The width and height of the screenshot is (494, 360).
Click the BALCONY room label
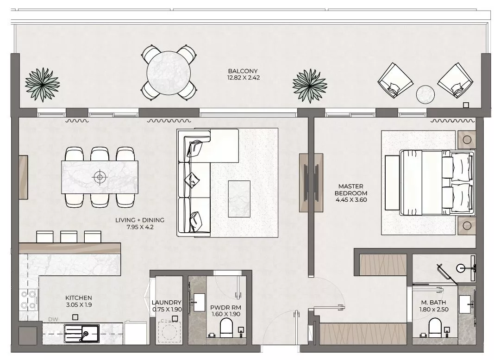point(243,71)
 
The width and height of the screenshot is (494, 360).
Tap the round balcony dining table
point(169,73)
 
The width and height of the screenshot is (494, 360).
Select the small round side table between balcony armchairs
point(425,94)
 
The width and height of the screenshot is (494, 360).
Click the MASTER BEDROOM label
point(350,190)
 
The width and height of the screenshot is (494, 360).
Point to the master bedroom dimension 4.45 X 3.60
point(351,200)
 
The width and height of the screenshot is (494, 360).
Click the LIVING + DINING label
point(139,220)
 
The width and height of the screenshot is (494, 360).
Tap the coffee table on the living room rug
point(239,199)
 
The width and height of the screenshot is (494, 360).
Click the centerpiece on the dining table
point(100,177)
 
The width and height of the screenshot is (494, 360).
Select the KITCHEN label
point(78,298)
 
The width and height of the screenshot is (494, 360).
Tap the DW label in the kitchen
point(53,319)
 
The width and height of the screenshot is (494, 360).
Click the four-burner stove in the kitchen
point(28,299)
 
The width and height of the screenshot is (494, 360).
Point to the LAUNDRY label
point(166,302)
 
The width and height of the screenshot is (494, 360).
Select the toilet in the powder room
point(226,328)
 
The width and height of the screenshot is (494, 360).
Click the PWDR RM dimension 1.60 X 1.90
point(226,314)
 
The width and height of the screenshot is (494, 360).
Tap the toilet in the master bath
point(435,328)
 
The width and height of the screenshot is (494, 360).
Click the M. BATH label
point(433,303)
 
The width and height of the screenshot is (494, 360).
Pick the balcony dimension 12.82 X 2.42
point(243,78)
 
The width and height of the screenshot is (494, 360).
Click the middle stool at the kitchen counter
point(69,236)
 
